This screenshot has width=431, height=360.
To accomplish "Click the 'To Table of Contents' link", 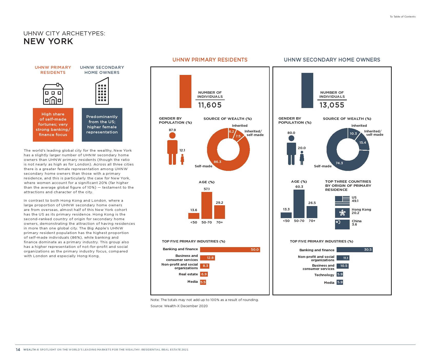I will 403,17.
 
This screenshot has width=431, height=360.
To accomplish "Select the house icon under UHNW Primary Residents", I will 53,94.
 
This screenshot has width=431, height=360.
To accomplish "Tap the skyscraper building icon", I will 102,91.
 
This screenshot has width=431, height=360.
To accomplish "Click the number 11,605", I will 210,105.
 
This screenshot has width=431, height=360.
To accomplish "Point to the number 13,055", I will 332,105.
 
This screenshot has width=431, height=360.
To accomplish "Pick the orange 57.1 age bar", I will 207,205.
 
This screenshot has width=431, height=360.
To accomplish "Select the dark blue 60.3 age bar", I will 299,204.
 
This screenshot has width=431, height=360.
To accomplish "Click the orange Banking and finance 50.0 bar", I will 230,250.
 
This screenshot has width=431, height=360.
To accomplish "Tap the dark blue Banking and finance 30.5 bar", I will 354,250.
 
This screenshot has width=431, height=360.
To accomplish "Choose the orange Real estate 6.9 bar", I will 204,274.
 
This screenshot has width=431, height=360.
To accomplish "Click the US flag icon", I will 342,201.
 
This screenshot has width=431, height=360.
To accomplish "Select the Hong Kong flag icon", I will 342,213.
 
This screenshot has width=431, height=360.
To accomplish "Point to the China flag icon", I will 342,224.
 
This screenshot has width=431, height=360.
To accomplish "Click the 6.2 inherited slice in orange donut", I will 231,132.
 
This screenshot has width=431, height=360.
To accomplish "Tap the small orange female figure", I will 182,159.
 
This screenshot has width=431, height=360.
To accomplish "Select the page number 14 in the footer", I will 18,349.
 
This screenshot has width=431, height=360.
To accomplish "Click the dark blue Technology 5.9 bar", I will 340,274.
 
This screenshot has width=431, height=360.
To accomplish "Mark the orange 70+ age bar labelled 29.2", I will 219,212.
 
